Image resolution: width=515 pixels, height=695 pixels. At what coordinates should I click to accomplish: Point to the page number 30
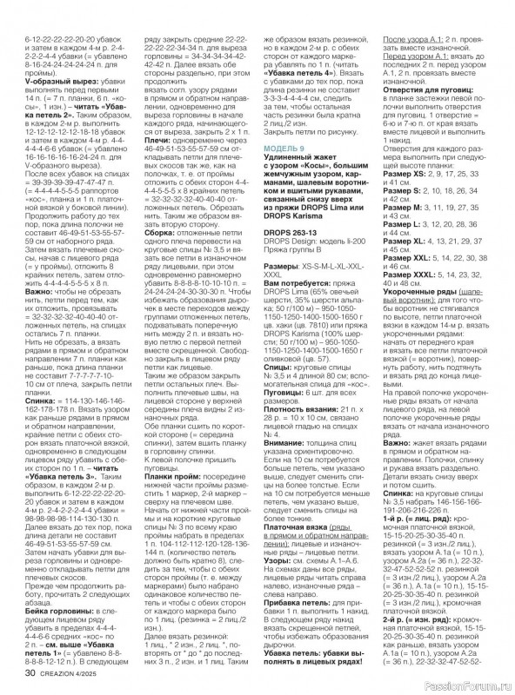[30, 672]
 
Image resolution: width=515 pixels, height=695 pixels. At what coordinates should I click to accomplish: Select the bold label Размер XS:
[404, 151]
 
